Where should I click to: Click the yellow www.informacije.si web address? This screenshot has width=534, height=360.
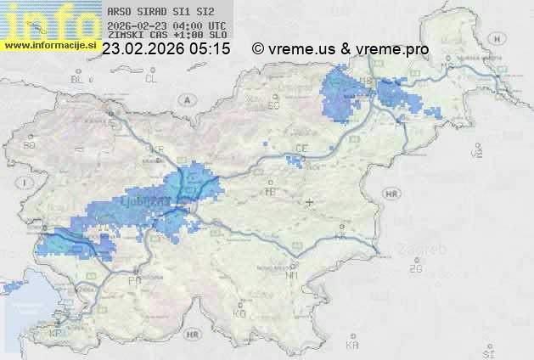[x=49, y=44]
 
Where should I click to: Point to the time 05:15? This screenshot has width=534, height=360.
[x=211, y=49]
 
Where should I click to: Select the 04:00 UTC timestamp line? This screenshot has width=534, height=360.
[x=167, y=25]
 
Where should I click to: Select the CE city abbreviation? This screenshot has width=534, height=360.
[x=301, y=149]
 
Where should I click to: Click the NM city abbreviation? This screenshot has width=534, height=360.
[x=293, y=275]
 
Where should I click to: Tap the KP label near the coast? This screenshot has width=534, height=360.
[x=56, y=334]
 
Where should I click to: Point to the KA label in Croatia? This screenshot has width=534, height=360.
[x=352, y=345]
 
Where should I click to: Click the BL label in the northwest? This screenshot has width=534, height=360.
[x=78, y=79]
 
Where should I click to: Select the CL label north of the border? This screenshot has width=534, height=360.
[x=151, y=78]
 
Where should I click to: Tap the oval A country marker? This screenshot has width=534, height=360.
[x=185, y=98]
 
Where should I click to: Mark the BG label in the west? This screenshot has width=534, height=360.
[x=29, y=145]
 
